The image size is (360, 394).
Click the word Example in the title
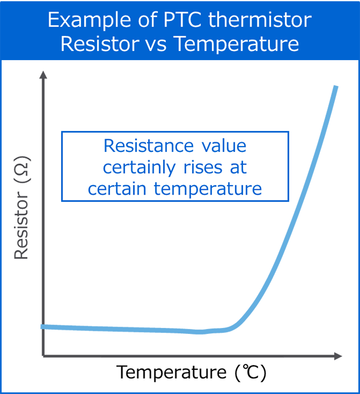(x=89, y=20)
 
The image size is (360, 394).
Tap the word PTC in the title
(x=183, y=20)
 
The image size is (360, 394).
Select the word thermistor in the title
(x=260, y=20)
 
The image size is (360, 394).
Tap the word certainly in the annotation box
(x=139, y=168)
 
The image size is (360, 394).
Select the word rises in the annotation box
(x=203, y=168)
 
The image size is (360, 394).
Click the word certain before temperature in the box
(x=117, y=189)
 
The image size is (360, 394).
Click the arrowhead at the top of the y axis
(x=43, y=74)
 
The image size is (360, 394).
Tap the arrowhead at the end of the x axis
(x=338, y=356)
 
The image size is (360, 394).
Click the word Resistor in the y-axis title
(x=21, y=225)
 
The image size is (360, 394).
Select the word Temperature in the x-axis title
(x=171, y=373)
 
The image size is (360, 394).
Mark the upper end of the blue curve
(x=335, y=86)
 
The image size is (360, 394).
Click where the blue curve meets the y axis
(x=43, y=327)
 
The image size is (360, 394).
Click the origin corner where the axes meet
(x=43, y=356)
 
